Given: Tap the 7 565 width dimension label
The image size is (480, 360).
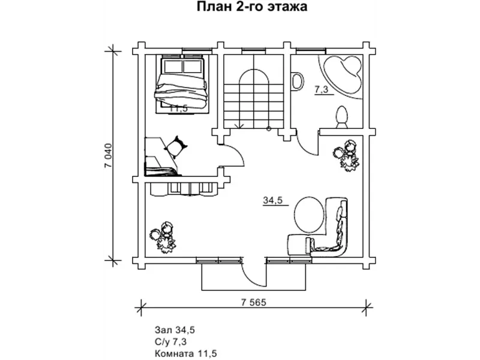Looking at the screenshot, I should pyautogui.click(x=248, y=302).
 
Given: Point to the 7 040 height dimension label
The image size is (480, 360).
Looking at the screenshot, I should pyautogui.click(x=109, y=157).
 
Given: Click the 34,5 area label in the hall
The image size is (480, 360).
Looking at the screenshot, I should pyautogui.click(x=273, y=200).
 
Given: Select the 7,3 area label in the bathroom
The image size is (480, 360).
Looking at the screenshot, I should pyautogui.click(x=321, y=89).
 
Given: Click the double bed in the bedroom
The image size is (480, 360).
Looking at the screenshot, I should pyautogui.click(x=182, y=82).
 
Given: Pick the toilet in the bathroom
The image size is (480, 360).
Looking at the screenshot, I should pyautogui.click(x=343, y=116).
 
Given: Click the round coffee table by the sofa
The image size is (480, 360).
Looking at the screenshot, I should pyautogui.click(x=309, y=215).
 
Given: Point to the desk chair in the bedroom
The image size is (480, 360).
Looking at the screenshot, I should pyautogui.click(x=178, y=145).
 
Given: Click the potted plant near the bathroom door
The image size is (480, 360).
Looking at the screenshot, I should pyautogui.click(x=347, y=154).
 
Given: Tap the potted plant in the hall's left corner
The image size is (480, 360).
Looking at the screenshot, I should pyautogui.click(x=164, y=235).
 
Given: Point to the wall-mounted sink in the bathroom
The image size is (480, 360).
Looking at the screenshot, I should pyautogui.click(x=296, y=80).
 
